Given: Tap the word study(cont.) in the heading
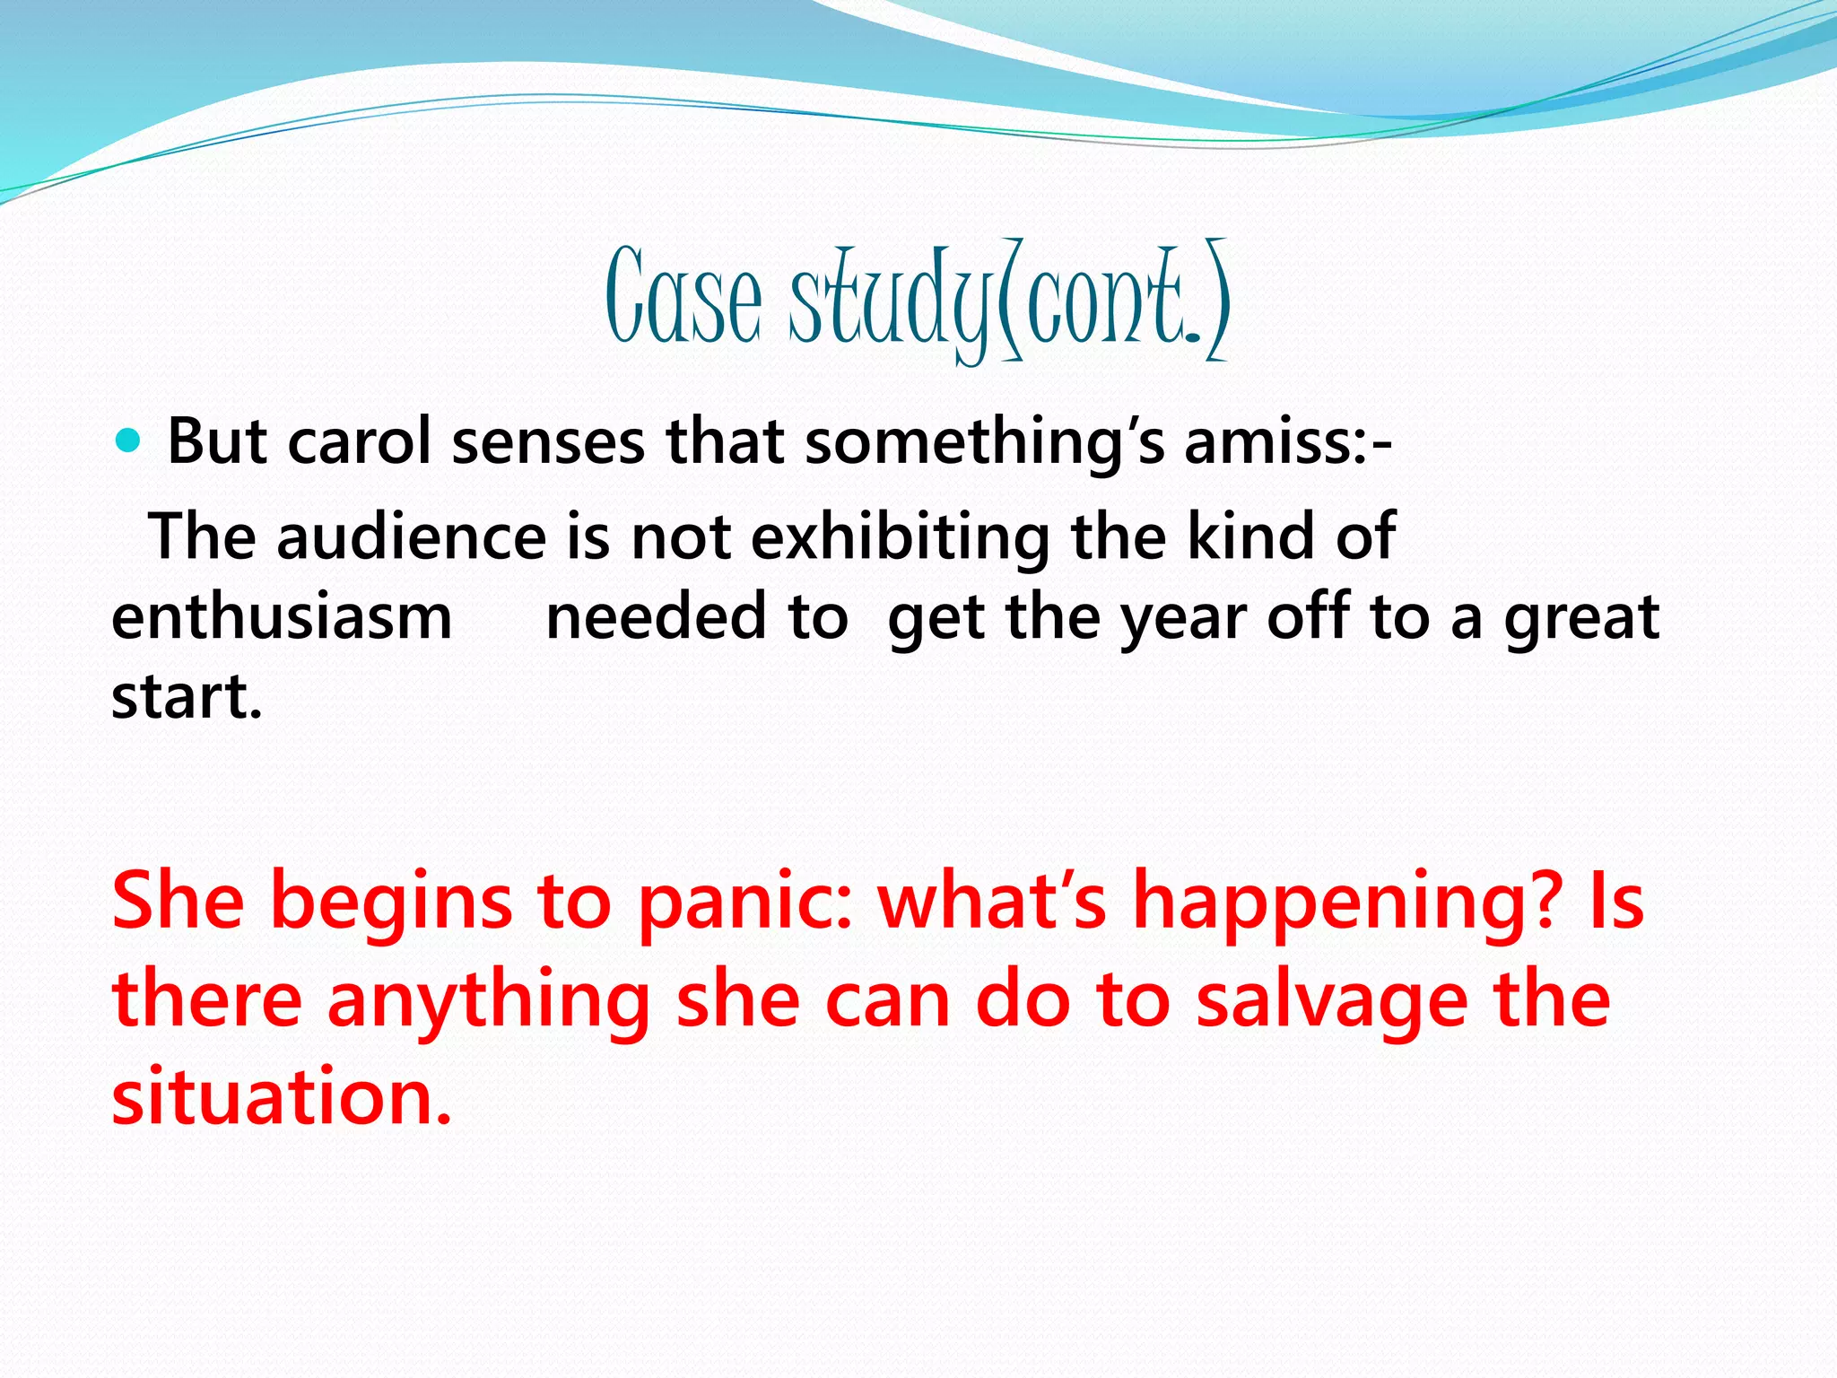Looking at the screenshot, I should [1009, 301].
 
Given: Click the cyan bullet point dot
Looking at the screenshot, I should [129, 440].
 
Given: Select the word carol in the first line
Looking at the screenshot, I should [359, 441].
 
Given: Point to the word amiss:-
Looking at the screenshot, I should [1288, 441].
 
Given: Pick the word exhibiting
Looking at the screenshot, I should [900, 536].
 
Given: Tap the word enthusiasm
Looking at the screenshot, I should [282, 617].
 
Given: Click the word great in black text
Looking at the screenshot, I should [1581, 619].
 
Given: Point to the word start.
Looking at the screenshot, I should [187, 697].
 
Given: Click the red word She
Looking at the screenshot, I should [178, 900].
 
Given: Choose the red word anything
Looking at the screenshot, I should [489, 1000].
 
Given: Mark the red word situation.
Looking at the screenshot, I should [281, 1096].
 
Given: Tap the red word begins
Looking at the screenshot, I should [391, 902].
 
